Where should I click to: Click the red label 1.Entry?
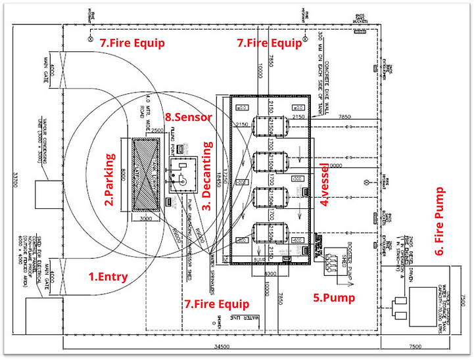pos(108,277)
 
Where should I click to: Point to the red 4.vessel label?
pos(323,183)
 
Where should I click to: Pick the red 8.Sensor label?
pos(189,118)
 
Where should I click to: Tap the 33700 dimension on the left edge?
pos(9,177)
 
